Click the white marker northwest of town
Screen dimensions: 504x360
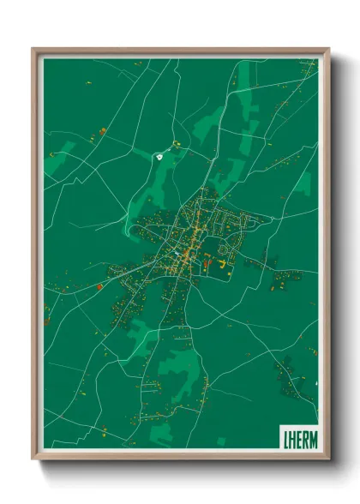click(x=160, y=156)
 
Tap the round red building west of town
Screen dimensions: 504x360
click(x=99, y=287)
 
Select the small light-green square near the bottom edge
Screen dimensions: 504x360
click(x=222, y=441)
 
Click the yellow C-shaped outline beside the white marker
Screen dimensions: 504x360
click(x=177, y=145)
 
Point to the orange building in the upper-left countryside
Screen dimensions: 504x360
click(x=103, y=131)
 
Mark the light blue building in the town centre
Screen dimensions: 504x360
click(x=177, y=254)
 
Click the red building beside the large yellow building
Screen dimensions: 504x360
click(x=207, y=262)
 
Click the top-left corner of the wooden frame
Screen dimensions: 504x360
click(x=33, y=49)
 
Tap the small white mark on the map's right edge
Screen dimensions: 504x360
click(x=316, y=381)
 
